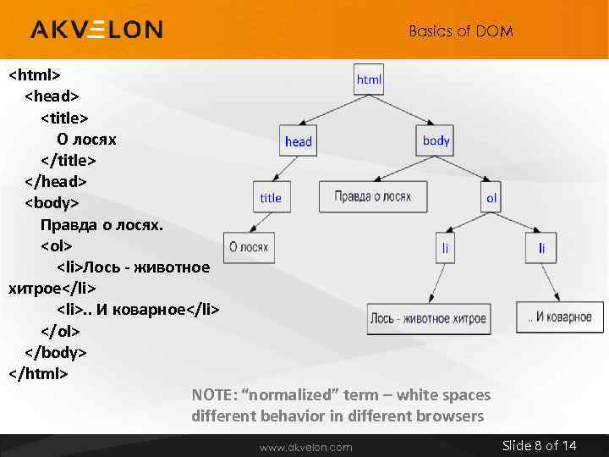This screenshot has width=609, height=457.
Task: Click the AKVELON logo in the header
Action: pos(96,30)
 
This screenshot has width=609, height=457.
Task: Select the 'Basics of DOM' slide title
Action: pos(460,31)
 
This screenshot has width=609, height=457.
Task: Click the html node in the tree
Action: pos(369,80)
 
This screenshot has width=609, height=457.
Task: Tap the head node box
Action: pos(298,141)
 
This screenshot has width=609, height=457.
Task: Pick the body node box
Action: pos(436,140)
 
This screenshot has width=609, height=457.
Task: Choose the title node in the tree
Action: pos(270,197)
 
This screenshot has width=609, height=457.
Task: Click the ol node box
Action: pos(491,198)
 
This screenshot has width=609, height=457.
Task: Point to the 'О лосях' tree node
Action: pos(249,247)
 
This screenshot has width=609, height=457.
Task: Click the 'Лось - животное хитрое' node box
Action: pos(428,318)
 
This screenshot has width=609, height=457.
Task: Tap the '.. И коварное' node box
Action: pos(559,317)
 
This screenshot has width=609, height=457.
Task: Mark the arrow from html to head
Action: pos(330,109)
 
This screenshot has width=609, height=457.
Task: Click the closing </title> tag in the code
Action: pos(69,160)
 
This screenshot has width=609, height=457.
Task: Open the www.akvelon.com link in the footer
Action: pos(305,446)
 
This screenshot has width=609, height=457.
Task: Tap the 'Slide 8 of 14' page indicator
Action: pos(539,445)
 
